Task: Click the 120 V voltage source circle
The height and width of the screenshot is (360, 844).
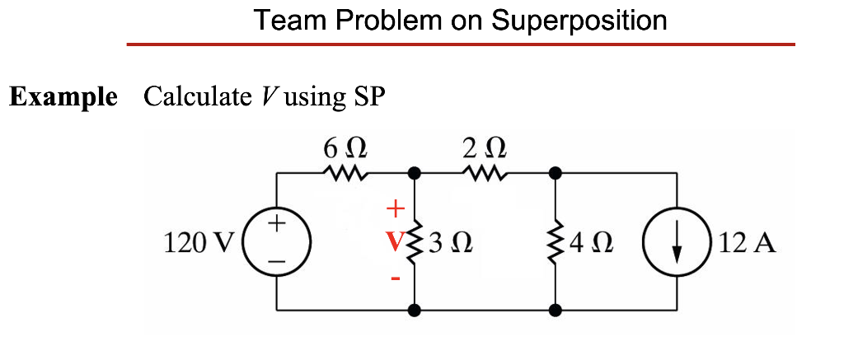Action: click(x=277, y=242)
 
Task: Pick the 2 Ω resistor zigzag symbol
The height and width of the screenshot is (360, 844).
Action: click(x=484, y=174)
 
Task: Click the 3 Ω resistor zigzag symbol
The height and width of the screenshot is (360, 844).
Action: click(x=415, y=243)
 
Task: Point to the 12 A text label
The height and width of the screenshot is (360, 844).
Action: click(x=747, y=244)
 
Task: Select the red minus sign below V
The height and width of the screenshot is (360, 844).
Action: click(x=395, y=278)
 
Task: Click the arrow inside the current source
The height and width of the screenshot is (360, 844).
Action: click(x=677, y=244)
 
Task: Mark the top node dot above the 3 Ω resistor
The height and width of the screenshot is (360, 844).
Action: click(x=415, y=174)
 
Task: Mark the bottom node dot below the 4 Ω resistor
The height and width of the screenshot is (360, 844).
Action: click(x=556, y=311)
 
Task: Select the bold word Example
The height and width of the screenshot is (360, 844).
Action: click(x=63, y=96)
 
